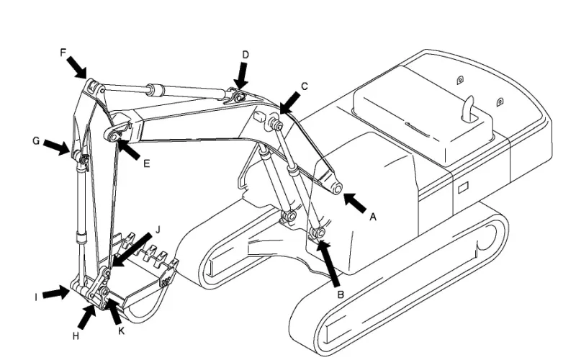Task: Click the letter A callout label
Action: (x=373, y=217)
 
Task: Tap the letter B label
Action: (x=341, y=294)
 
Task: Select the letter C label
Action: (x=304, y=86)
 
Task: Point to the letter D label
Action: (x=246, y=55)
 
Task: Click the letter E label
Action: (x=147, y=163)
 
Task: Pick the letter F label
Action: (x=63, y=53)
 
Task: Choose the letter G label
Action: (x=36, y=140)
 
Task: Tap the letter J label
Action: (x=158, y=230)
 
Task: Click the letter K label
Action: (x=121, y=331)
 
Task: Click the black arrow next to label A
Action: (x=355, y=203)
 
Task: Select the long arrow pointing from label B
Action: (x=330, y=263)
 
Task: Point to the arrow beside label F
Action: (x=77, y=68)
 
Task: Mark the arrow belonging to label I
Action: (x=56, y=293)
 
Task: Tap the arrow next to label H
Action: (x=86, y=318)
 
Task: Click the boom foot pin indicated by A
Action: (x=337, y=189)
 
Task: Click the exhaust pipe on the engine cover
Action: (x=468, y=109)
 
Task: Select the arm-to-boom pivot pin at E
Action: (x=114, y=138)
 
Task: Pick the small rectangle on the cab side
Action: (x=463, y=187)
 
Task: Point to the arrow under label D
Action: (x=242, y=76)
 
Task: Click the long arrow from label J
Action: (x=132, y=250)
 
